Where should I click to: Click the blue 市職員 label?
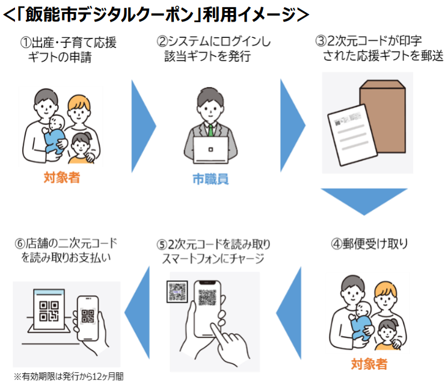pos(210,179)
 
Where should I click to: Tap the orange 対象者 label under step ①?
pos(61,177)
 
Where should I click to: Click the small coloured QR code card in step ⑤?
pos(179,292)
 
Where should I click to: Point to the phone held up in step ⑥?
pos(86,315)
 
